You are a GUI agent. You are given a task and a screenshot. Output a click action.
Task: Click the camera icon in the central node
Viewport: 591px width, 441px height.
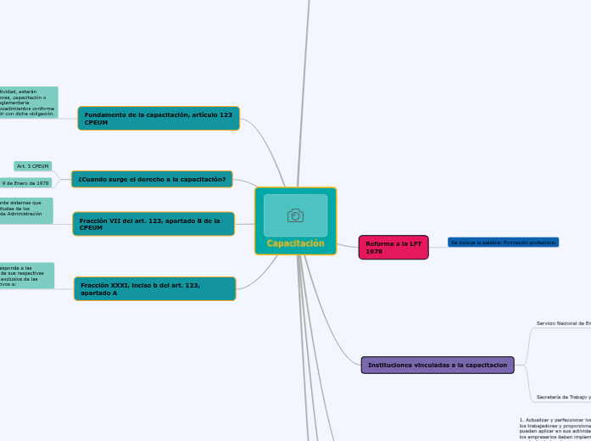click(295, 215)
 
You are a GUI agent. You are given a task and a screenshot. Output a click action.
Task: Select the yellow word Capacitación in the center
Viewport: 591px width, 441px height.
click(295, 243)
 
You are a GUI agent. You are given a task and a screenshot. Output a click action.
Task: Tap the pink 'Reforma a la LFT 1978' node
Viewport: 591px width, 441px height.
click(393, 247)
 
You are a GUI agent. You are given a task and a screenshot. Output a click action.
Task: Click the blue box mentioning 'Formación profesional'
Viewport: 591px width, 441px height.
click(503, 243)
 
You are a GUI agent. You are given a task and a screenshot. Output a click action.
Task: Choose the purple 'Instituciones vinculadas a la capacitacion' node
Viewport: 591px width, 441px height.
click(438, 365)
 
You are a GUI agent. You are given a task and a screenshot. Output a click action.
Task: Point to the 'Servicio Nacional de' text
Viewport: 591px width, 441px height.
click(563, 323)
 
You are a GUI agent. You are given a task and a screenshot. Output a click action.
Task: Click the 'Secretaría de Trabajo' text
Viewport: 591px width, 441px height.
click(563, 396)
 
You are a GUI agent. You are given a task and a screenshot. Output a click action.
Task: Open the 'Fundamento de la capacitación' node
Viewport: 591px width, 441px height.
click(159, 118)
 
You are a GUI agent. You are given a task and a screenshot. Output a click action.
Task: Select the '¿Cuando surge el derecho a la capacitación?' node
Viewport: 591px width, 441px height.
click(152, 179)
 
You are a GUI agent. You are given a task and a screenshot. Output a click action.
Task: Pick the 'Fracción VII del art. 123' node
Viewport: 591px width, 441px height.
click(153, 224)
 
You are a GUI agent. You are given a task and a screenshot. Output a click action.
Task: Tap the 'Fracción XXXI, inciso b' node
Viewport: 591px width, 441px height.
click(154, 288)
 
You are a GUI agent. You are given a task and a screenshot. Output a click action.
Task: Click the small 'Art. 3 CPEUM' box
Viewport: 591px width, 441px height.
click(33, 166)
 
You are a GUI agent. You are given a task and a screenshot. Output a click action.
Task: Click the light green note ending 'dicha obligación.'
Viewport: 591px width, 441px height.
click(28, 103)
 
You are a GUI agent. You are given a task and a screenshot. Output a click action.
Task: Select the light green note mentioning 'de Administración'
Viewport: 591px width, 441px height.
click(25, 210)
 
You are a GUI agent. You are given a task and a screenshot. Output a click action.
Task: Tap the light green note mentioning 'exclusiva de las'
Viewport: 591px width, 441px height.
click(26, 276)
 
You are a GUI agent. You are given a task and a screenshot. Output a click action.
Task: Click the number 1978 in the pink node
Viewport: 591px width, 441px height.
click(375, 252)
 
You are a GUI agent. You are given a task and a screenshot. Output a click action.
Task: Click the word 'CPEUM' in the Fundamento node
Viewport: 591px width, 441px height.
click(97, 123)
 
